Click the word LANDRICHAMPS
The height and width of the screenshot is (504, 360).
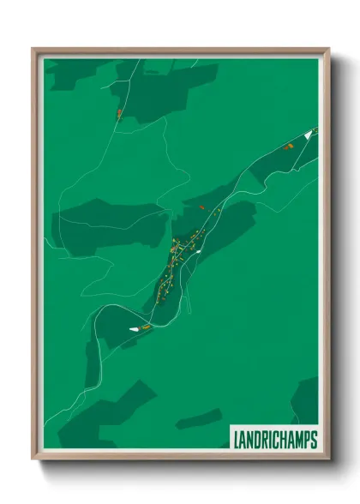274,440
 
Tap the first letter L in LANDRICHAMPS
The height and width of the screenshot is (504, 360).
237,440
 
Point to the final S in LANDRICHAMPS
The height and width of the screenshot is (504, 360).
314,440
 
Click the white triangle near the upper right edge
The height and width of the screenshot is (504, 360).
308,134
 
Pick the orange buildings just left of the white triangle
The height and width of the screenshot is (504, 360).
289,147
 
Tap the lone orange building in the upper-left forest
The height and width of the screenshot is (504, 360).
119,112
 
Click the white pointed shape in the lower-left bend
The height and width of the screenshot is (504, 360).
134,327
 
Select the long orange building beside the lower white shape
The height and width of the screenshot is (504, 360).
147,327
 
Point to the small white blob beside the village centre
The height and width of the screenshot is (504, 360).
198,252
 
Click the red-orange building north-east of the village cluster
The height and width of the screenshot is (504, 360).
201,207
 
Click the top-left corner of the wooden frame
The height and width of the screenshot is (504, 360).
33,49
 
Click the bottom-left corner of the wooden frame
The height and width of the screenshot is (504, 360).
33,460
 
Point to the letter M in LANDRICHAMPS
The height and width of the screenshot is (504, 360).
296,440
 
